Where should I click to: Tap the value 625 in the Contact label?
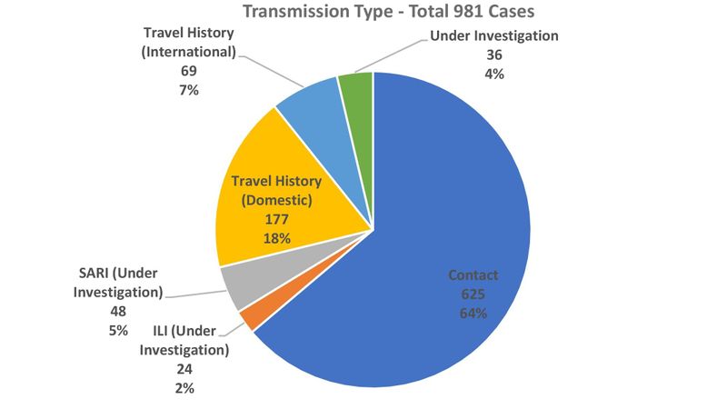(x=473, y=294)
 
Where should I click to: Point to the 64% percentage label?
(x=473, y=314)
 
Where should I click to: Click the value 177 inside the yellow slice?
(x=278, y=220)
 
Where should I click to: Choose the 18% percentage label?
(x=278, y=239)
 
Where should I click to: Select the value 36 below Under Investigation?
(x=493, y=55)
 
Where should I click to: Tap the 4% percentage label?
(x=493, y=74)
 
